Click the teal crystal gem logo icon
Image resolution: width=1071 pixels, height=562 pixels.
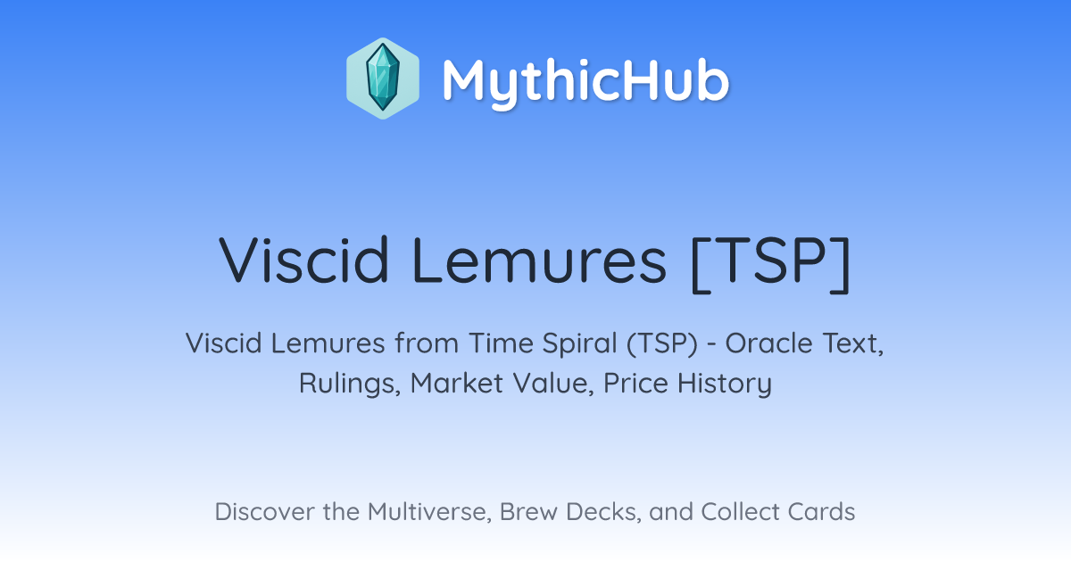coord(383,79)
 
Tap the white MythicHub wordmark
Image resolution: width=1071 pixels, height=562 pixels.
coord(585,81)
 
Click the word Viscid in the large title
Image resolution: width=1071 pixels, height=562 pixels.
coord(303,260)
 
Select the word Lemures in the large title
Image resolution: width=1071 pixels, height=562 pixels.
coord(539,260)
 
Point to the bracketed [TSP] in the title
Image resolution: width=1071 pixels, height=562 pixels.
coord(771,264)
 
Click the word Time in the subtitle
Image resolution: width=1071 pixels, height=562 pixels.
coord(501,343)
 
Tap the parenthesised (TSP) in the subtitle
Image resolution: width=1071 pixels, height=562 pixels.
coord(662,344)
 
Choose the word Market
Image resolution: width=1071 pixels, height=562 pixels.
coord(457,383)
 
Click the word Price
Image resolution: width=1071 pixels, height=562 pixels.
coord(635,383)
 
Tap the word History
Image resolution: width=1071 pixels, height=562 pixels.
coord(725,384)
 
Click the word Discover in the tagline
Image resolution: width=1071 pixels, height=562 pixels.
coord(264,511)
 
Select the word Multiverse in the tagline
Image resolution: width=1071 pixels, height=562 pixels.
coord(429,512)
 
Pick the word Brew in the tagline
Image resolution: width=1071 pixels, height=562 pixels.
coord(528,511)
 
